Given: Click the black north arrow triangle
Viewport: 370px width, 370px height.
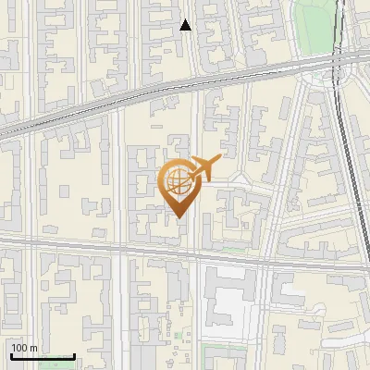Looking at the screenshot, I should coord(186,25).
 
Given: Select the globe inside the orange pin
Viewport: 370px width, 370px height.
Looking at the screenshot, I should coord(176,181).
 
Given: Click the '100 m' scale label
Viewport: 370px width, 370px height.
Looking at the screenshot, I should coord(24,348).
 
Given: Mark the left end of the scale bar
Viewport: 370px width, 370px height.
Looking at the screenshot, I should coord(11,356).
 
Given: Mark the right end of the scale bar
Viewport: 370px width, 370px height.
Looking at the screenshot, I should coord(74,356).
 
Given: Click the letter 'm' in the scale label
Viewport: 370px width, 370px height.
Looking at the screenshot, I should coord(34,348).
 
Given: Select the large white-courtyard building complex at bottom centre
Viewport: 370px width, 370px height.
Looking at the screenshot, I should coord(227,301).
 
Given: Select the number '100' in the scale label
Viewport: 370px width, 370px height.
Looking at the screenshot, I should coord(19,348).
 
